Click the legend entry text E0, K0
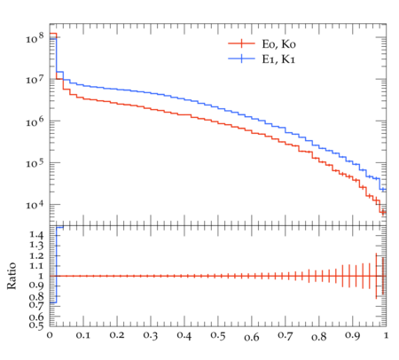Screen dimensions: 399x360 [x=278, y=44]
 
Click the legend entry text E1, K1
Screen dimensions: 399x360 [x=278, y=59]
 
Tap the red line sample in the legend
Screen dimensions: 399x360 [x=241, y=43]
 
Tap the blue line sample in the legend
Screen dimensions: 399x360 [x=241, y=59]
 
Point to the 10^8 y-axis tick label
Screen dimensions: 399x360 [x=35, y=38]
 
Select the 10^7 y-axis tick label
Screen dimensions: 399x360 [x=35, y=79]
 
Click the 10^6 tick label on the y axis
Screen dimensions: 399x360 [x=35, y=121]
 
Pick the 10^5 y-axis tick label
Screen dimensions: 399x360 [x=35, y=163]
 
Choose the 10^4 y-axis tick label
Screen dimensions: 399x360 [x=35, y=205]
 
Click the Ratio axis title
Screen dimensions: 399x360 [x=12, y=276]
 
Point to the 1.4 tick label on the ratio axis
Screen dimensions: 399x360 [x=36, y=235]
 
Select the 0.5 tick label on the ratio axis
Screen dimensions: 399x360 [x=36, y=325]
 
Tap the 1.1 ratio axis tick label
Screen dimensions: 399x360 [x=36, y=266]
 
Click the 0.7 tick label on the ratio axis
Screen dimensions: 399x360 [x=36, y=305]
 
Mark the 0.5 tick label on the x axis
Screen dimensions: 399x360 [x=218, y=336]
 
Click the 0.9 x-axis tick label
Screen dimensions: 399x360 [x=352, y=336]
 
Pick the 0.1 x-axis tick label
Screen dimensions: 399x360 [x=83, y=335]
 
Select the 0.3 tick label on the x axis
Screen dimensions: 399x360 [x=151, y=336]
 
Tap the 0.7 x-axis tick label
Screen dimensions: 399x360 [x=286, y=336]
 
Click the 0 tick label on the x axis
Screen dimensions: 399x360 [x=50, y=335]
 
